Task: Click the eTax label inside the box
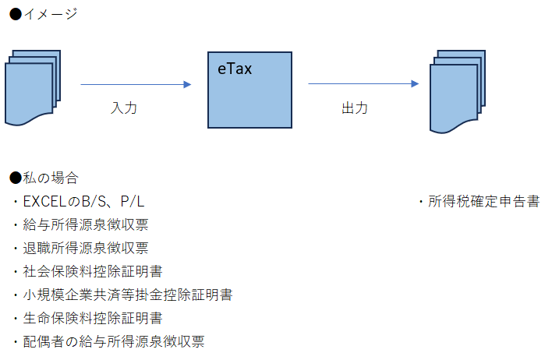coord(235,69)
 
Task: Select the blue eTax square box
coord(249,97)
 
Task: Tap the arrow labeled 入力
coord(136,84)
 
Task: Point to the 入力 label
coord(124,108)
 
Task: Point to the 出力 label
coord(355,108)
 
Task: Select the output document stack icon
coord(458,90)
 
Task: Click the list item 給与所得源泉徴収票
coord(86,225)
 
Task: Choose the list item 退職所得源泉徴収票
coord(86,249)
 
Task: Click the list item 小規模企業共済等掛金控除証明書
coord(128,295)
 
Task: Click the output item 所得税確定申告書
coord(483,202)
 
